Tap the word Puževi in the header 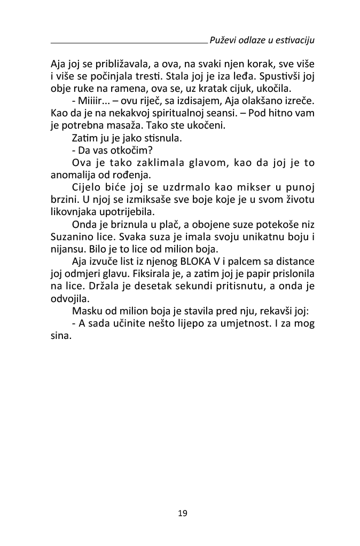223,40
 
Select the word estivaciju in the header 294,40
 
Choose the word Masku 85,311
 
